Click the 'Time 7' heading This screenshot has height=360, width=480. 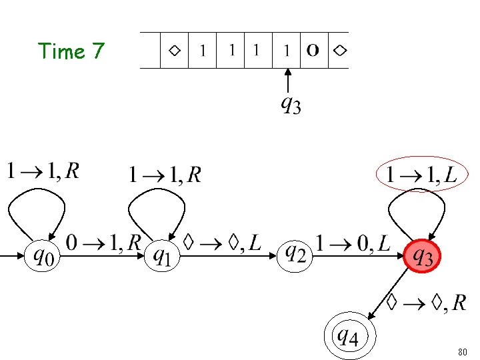(71, 51)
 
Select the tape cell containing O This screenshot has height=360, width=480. (313, 50)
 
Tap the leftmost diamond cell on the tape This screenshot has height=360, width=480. (174, 50)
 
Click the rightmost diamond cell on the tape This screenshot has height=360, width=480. (339, 50)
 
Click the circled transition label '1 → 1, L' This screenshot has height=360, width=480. (417, 175)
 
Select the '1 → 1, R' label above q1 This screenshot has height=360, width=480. (165, 175)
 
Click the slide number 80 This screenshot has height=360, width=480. (463, 351)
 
